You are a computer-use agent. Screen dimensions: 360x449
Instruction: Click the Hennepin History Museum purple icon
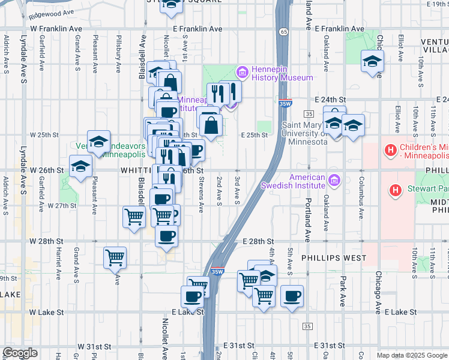coord(242,73)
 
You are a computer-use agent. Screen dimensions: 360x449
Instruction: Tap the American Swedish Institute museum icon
coord(334,179)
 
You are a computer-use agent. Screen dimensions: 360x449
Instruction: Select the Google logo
coord(20,353)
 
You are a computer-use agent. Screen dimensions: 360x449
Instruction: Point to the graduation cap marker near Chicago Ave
coord(372,61)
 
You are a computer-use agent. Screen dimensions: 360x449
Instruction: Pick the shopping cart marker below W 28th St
coord(115,257)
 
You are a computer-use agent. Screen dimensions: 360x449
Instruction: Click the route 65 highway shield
coord(283,29)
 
